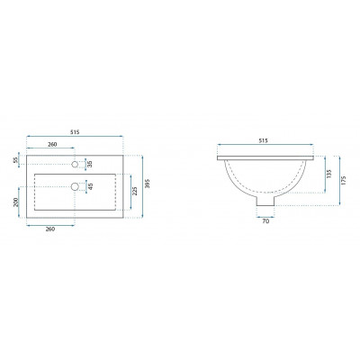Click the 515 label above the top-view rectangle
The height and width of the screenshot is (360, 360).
click(x=75, y=131)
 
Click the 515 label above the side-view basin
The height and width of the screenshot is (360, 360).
click(x=263, y=140)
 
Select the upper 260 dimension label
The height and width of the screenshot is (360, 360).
click(x=52, y=144)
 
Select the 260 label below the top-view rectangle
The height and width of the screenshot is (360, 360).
click(x=50, y=229)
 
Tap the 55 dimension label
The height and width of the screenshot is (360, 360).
click(x=15, y=161)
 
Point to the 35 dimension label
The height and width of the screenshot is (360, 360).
click(x=90, y=164)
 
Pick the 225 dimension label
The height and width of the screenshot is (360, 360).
click(x=135, y=191)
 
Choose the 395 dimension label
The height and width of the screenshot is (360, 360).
click(x=147, y=184)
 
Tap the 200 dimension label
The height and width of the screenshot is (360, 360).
click(x=16, y=202)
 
